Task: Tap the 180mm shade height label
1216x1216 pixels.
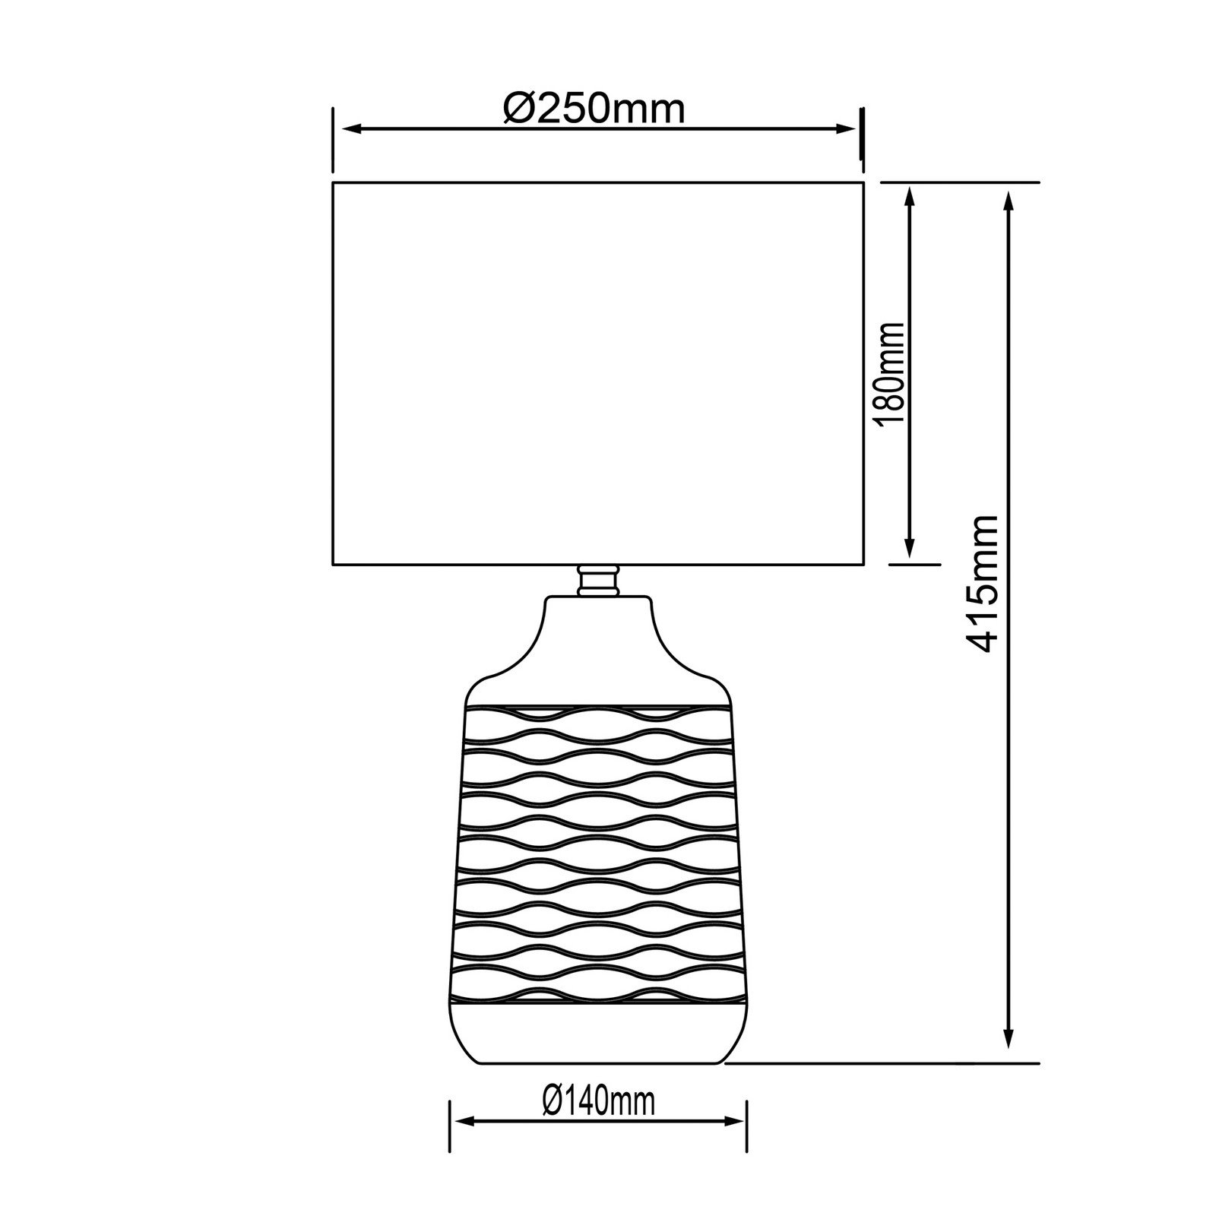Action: (891, 374)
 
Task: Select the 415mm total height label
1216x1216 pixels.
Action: (980, 584)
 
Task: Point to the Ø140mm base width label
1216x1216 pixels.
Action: (599, 1099)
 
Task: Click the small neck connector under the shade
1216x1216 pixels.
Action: (597, 581)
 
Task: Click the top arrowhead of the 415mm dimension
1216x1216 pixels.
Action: (1009, 199)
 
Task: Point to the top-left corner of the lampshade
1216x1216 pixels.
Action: (333, 182)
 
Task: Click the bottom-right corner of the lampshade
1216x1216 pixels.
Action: (863, 565)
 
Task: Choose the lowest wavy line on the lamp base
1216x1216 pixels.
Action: (597, 996)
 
